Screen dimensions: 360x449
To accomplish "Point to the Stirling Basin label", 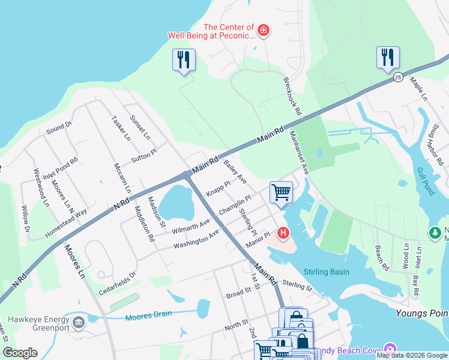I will pos(327,272).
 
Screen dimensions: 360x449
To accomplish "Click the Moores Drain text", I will pos(148,314).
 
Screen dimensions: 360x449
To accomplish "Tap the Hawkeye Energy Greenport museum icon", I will pos(78,323).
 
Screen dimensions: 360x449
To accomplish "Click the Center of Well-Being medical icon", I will pos(262,30).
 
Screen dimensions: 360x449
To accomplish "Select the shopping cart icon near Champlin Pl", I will pos(281,193).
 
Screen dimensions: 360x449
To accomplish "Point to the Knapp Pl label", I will pos(218,189).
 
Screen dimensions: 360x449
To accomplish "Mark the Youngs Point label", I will pos(422,313).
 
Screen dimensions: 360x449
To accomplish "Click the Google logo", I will pos(20,353).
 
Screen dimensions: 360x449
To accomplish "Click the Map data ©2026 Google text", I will pos(411,355).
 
